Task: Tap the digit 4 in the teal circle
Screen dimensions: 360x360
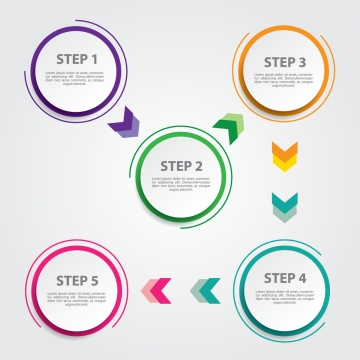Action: (x=302, y=277)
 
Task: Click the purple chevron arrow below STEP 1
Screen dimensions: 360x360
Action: (x=126, y=126)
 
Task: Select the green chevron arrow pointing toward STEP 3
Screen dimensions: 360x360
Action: (x=228, y=127)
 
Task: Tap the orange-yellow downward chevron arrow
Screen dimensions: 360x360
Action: (x=285, y=156)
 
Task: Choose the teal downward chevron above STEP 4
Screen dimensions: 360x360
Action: (x=285, y=205)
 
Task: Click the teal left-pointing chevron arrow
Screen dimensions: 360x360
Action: (x=206, y=290)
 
